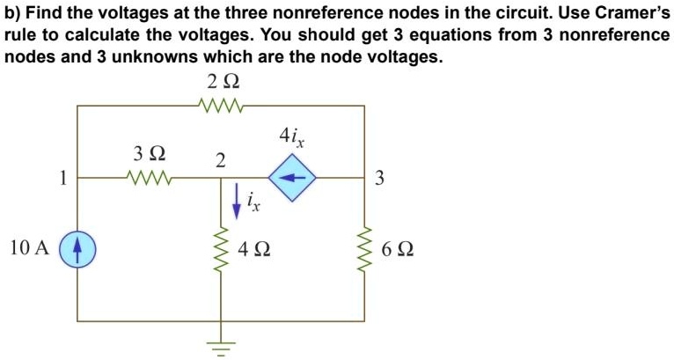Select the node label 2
pos(221,160)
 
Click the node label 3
pos(379,179)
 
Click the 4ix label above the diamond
pos(293,137)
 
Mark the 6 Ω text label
pos(399,249)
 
